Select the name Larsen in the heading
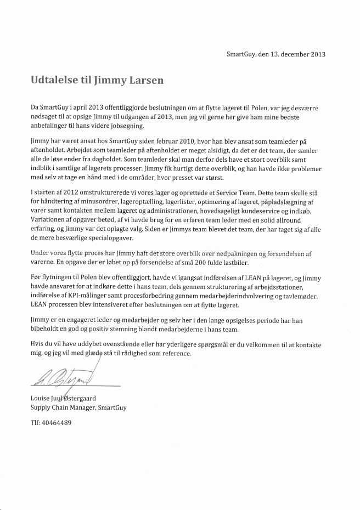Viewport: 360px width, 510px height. coord(147,80)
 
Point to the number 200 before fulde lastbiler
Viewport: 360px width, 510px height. coord(216,263)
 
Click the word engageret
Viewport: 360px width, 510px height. coord(76,319)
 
